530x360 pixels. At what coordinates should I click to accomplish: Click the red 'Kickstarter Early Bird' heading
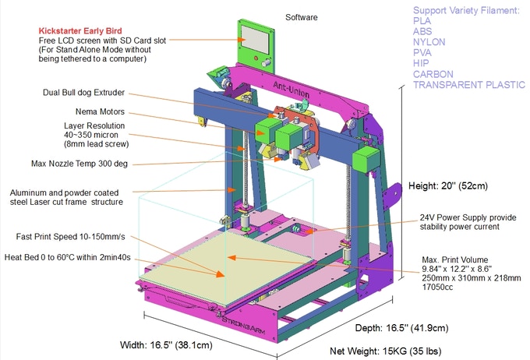pos(80,30)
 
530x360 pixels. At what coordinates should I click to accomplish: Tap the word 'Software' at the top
pos(302,17)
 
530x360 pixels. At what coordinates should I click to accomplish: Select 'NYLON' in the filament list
pos(429,42)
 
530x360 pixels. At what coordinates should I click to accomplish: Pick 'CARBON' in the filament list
pos(433,74)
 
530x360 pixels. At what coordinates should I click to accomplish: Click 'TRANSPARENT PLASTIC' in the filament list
pos(469,84)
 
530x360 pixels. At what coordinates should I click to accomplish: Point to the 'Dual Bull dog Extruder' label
pos(83,93)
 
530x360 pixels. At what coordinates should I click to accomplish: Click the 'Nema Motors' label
pos(100,111)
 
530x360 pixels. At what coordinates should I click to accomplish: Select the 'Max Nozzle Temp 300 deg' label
pos(79,164)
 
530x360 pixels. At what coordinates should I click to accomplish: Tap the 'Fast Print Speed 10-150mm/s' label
pos(70,237)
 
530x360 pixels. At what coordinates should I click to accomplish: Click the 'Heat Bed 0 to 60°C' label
pos(67,257)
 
